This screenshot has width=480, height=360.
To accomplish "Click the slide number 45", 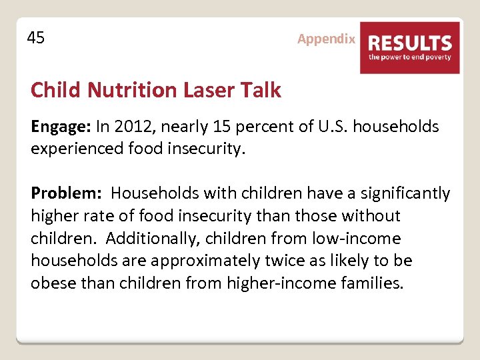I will pyautogui.click(x=36, y=38).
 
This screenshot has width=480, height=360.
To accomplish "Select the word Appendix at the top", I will pyautogui.click(x=326, y=39).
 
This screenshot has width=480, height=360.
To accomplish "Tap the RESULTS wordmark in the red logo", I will pyautogui.click(x=410, y=43).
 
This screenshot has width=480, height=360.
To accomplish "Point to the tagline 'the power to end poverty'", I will pyautogui.click(x=410, y=57).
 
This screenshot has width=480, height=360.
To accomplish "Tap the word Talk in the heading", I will pyautogui.click(x=261, y=90).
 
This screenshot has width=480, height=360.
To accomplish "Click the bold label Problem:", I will pyautogui.click(x=66, y=193).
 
